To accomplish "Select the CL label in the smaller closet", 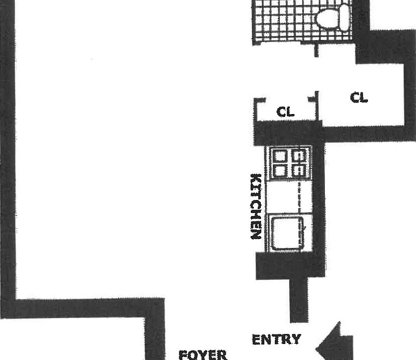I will (285, 112).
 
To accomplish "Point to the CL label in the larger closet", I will (359, 97).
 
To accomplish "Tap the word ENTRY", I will (276, 339).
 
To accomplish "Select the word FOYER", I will (203, 355).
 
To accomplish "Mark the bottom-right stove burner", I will (299, 171).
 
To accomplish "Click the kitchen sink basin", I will (286, 232).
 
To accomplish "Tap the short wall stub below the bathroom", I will (316, 50).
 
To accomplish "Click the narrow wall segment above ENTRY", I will (298, 300).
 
